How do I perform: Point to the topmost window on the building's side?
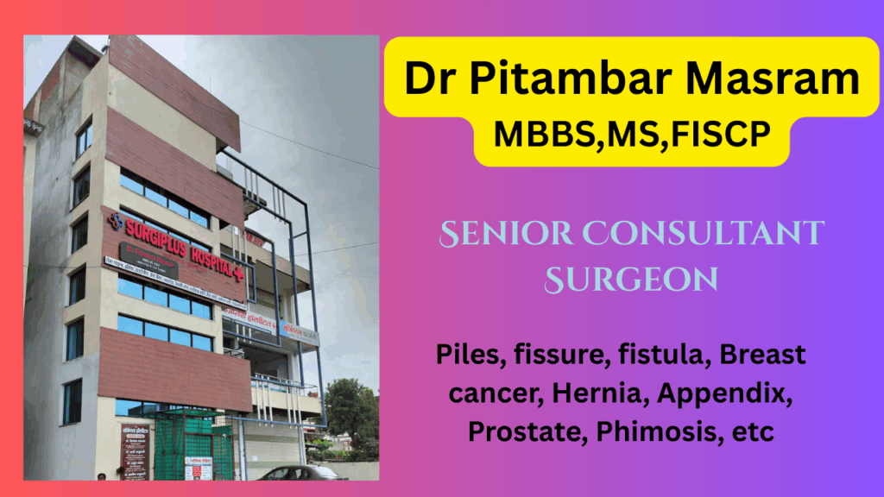click(83, 139)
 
